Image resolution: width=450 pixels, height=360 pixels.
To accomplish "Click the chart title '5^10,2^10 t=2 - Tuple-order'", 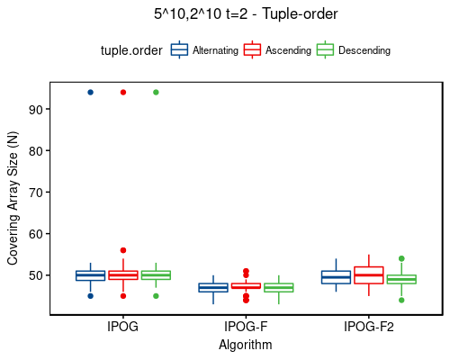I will point(245,13).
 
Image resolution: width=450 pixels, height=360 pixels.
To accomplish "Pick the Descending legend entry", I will point(363,50).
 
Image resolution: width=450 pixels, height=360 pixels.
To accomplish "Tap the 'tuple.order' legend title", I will point(130,50).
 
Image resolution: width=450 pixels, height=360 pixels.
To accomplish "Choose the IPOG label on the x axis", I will point(122,327).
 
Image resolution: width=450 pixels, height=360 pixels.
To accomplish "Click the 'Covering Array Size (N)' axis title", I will point(13,197).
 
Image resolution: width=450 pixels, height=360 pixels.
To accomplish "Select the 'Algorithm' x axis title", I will point(246,344).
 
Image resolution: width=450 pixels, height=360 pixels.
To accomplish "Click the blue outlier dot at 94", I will point(90,92).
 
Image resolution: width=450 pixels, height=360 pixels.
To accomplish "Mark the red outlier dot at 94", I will point(123,92).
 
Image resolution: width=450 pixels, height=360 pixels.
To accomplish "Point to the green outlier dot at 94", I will point(156,92).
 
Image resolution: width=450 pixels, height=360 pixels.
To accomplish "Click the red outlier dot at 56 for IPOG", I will point(123,250).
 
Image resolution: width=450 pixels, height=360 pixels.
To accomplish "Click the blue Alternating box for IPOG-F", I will point(213,288).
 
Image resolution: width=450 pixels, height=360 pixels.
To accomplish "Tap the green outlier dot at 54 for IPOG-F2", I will point(401,258).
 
